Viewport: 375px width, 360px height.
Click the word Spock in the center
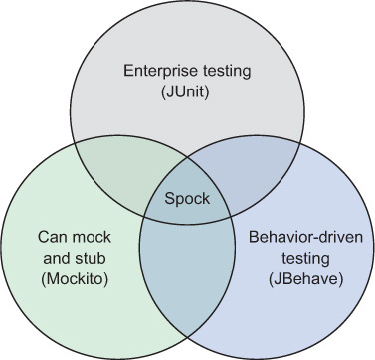point(187,198)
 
